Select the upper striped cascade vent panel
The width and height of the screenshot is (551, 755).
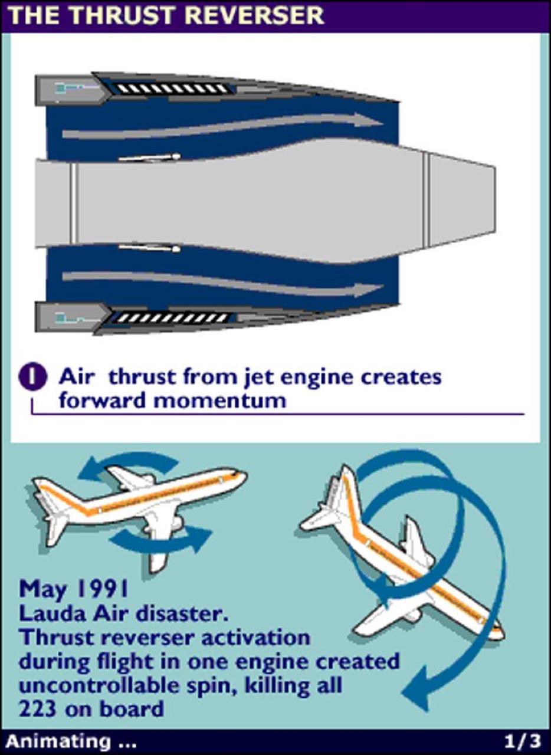point(170,88)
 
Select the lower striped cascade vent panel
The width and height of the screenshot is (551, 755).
point(170,317)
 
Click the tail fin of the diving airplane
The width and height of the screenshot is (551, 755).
point(348,493)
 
